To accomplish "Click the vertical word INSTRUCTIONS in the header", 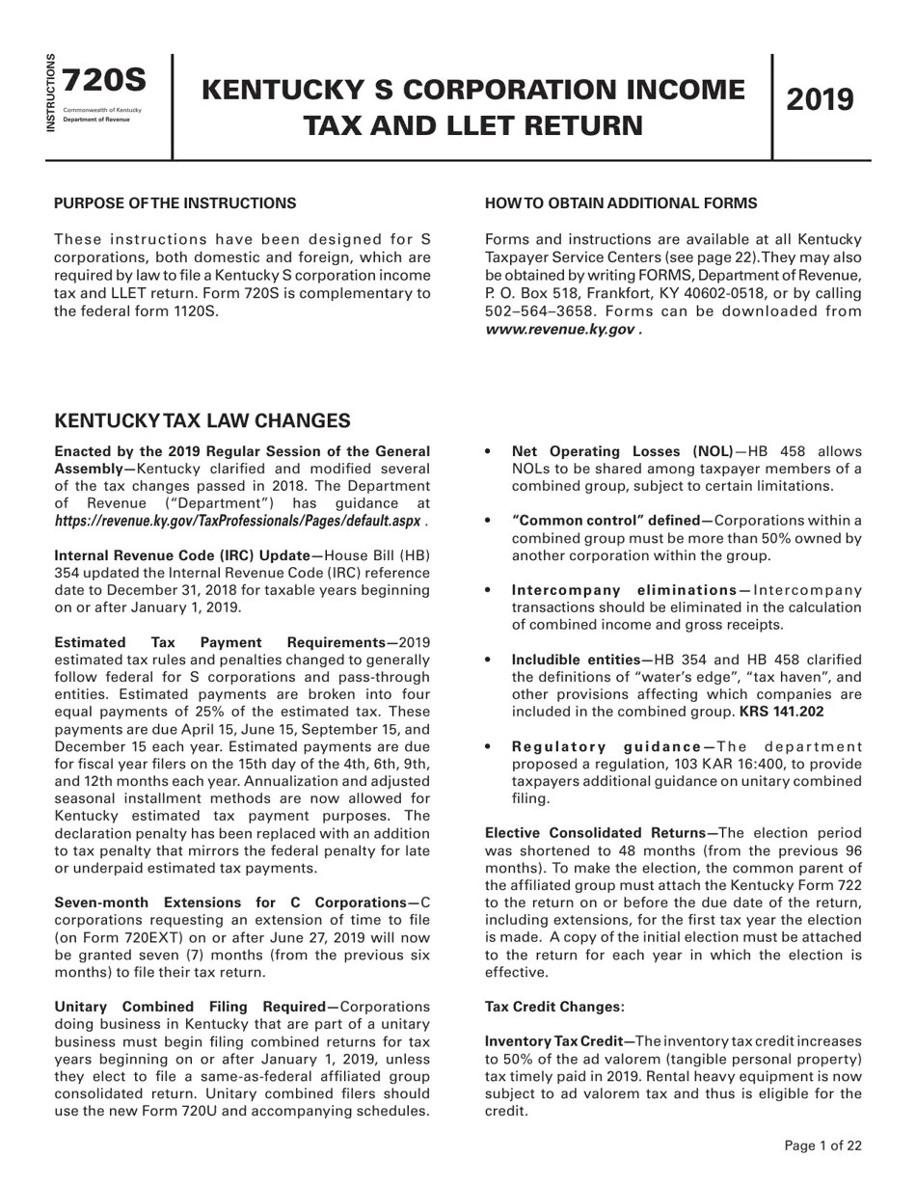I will click(x=51, y=93).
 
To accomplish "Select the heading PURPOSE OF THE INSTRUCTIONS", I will click(x=175, y=203).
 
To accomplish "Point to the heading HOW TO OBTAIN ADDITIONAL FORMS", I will click(x=621, y=203).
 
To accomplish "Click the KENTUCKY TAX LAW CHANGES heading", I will click(x=202, y=421).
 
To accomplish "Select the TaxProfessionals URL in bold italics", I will click(x=237, y=521).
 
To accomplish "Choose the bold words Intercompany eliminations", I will click(x=625, y=590).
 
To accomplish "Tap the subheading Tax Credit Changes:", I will click(x=554, y=1007).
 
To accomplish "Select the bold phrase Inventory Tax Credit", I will click(x=555, y=1041).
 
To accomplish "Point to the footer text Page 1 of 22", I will click(x=822, y=1146).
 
